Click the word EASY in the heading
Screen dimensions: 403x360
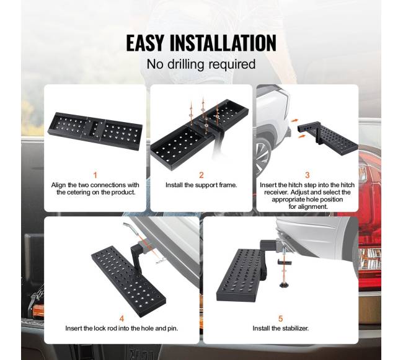(x=144, y=43)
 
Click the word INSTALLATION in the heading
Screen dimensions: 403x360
(x=223, y=43)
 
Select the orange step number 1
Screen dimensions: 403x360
(x=95, y=175)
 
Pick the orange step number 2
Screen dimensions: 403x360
(x=201, y=175)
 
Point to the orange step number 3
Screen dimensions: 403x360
(x=308, y=175)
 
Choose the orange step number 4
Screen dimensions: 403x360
(x=122, y=318)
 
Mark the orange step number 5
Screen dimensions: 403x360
(x=280, y=318)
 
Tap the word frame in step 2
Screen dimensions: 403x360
(x=228, y=185)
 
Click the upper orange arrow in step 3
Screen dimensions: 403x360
(x=294, y=120)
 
